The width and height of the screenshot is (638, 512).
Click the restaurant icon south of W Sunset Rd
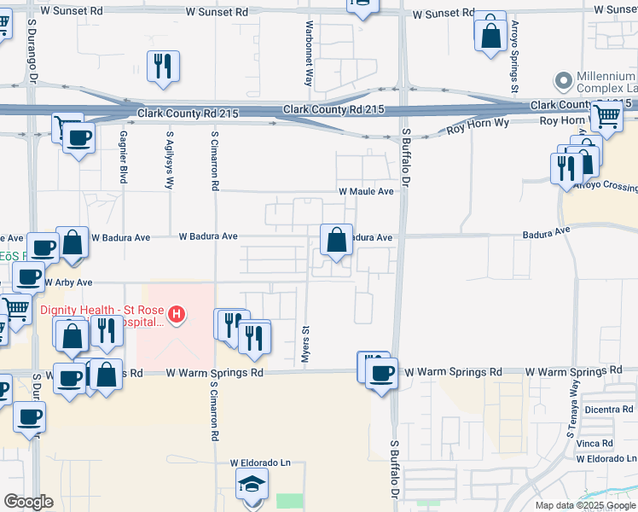[x=162, y=67]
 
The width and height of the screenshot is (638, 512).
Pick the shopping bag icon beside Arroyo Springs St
[x=490, y=36]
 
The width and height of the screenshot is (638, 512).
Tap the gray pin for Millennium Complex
[x=563, y=82]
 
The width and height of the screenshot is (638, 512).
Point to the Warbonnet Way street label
[x=308, y=53]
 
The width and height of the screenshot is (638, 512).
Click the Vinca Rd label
[x=594, y=444]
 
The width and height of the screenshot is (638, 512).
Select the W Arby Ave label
[x=68, y=282]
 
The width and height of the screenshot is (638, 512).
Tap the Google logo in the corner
[x=28, y=502]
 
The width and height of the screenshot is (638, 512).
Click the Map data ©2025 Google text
[x=584, y=505]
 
